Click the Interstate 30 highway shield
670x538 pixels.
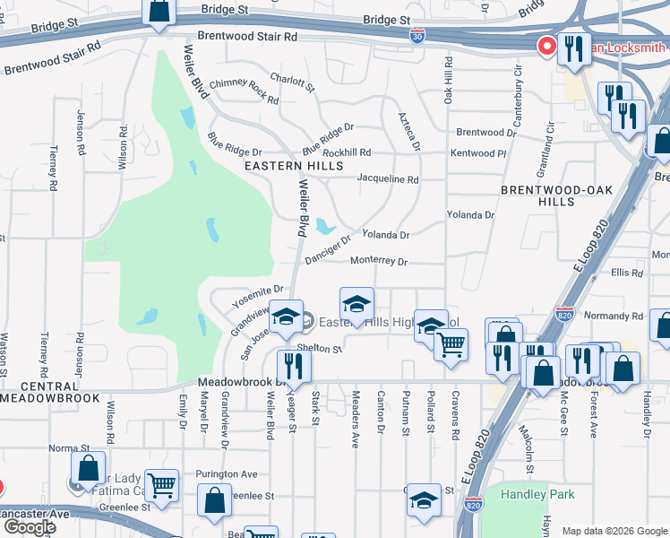coord(417,36)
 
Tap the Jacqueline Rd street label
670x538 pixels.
coord(387,179)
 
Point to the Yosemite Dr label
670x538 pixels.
coord(258,291)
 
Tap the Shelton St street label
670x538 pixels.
coord(320,349)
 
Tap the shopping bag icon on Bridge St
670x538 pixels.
coord(159,11)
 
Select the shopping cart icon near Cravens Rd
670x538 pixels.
coord(451,343)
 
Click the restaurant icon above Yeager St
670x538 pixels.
coord(293,364)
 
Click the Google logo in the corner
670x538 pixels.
coord(30,527)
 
